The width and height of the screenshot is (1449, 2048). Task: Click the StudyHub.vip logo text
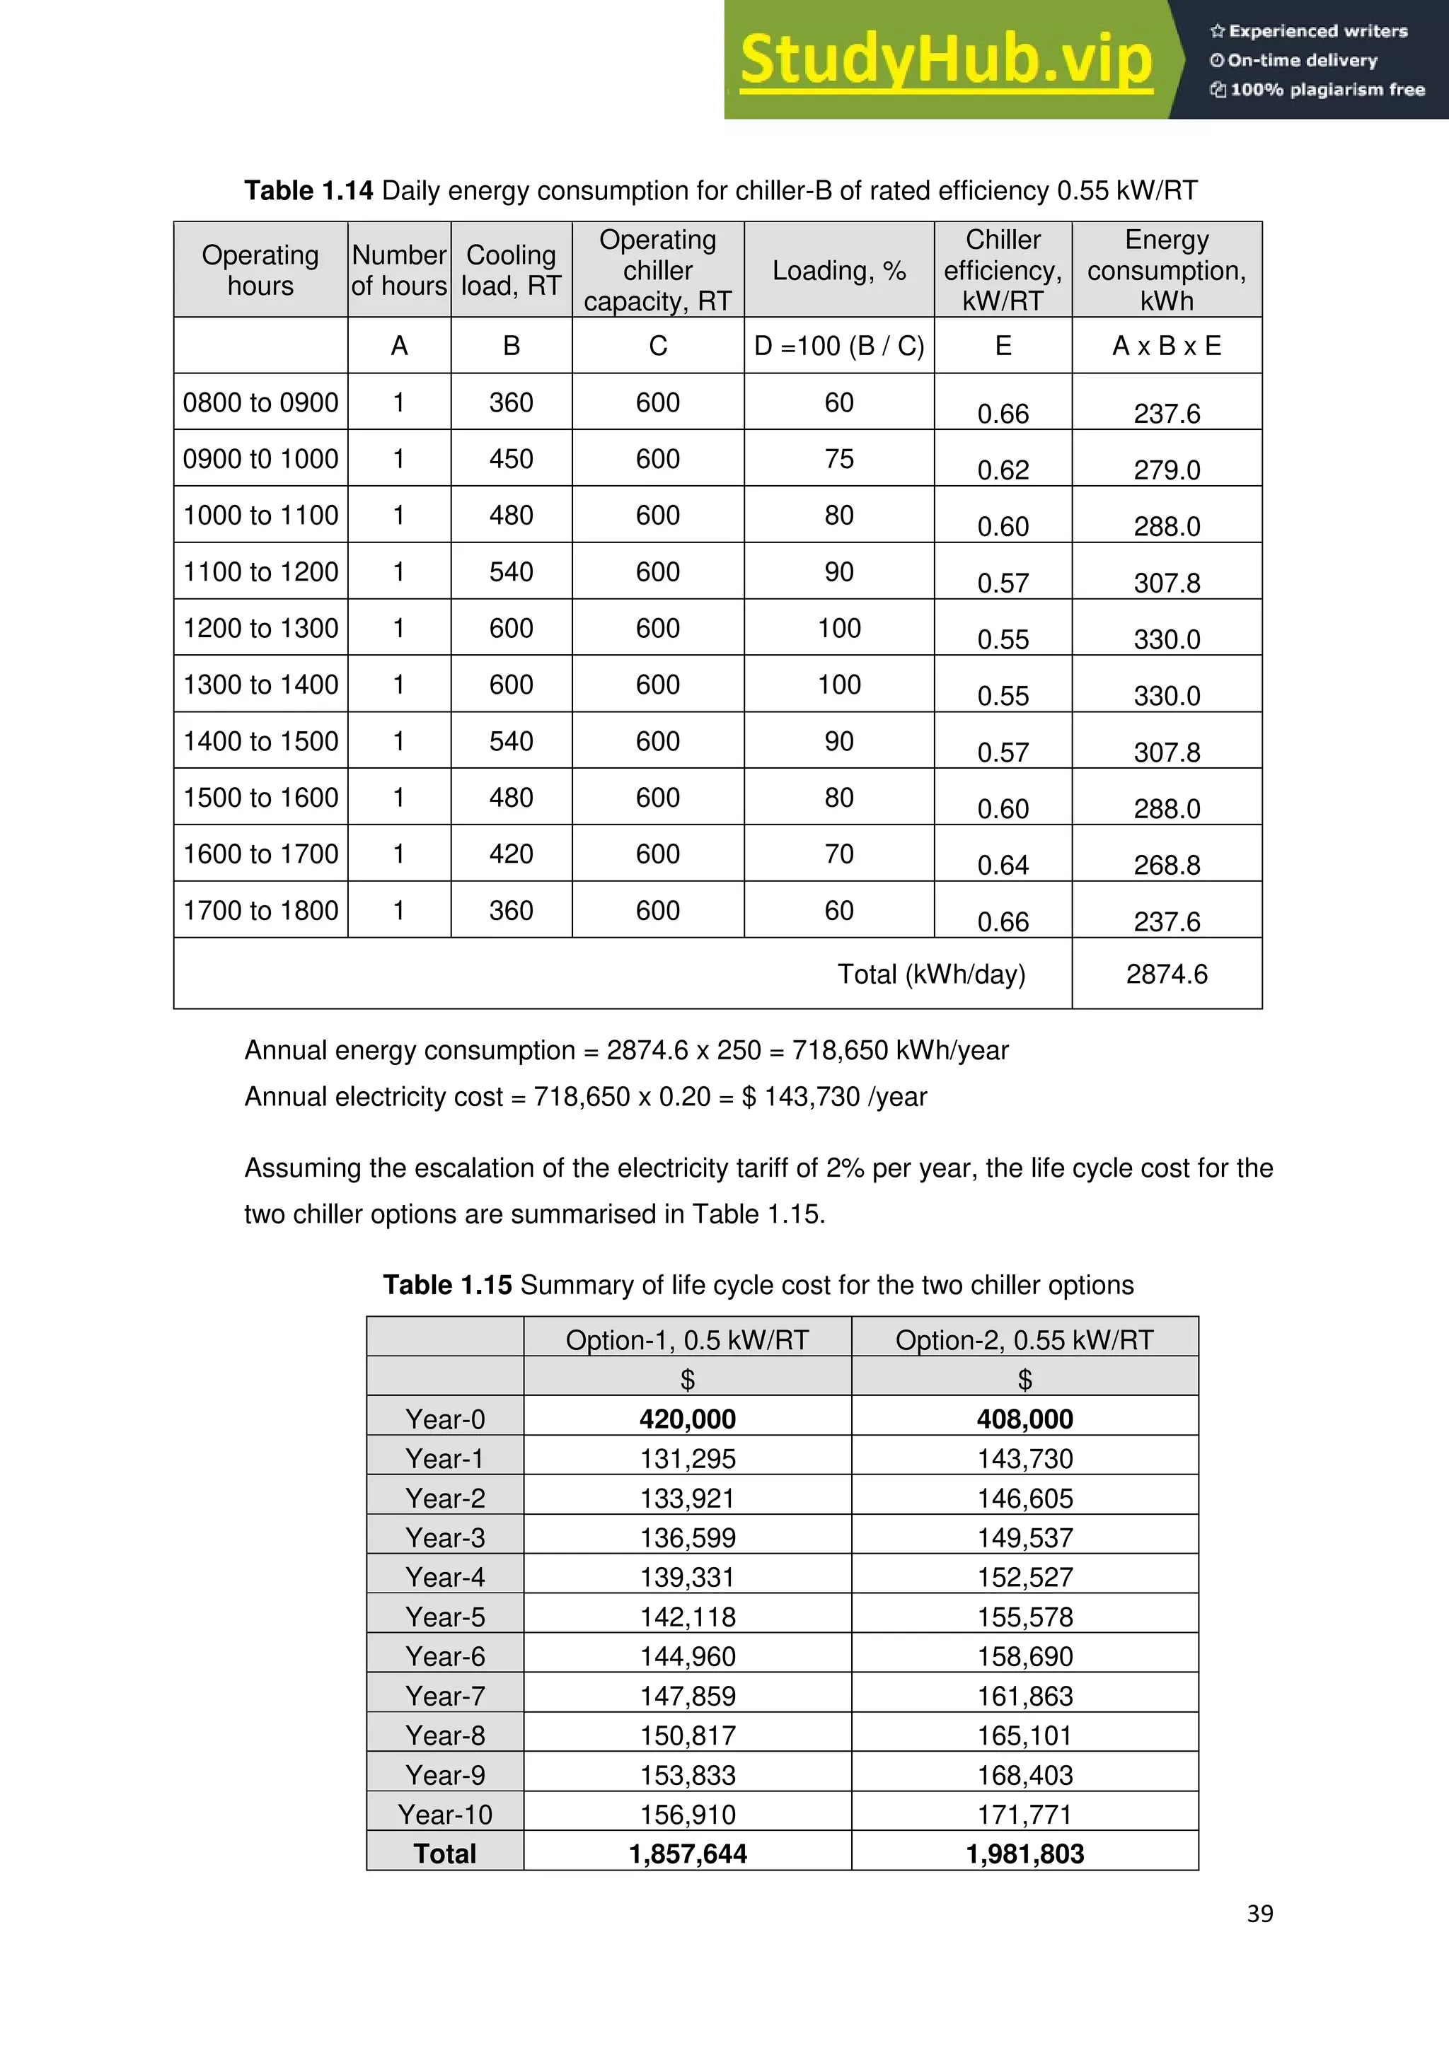946,60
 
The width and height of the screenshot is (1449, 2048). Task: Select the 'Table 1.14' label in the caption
308,191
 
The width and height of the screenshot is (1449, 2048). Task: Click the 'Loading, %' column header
838,270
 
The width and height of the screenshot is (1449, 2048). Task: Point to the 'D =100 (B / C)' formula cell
838,346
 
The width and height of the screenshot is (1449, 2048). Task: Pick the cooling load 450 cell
512,458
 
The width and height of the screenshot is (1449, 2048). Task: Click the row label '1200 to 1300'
260,628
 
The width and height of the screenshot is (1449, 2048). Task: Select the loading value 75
838,458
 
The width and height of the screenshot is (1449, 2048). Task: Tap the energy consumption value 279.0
1166,469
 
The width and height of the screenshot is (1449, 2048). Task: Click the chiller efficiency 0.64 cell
1003,864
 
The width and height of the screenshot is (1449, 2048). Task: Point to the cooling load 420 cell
512,854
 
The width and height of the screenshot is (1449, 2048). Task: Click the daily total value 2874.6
1166,974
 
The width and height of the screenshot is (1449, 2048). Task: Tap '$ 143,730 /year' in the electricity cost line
834,1096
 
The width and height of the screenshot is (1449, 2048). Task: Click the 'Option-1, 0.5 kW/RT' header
687,1340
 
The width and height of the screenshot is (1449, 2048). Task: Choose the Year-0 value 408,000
1024,1419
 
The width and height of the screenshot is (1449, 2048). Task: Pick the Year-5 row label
444,1617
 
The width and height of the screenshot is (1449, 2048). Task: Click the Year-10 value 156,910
687,1815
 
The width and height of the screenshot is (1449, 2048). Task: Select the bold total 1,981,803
1024,1854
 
